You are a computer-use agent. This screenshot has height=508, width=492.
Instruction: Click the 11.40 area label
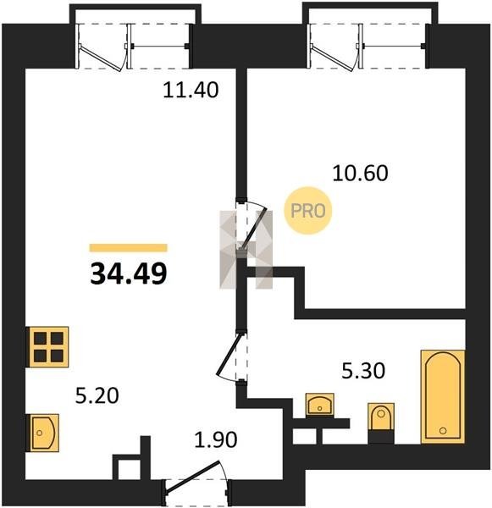tap(191, 90)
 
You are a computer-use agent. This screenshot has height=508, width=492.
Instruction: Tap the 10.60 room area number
tap(360, 173)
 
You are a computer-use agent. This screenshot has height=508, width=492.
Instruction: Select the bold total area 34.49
tap(129, 273)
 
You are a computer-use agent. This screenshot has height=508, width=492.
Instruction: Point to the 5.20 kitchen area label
tap(97, 395)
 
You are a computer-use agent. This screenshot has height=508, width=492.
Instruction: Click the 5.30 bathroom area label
tap(363, 371)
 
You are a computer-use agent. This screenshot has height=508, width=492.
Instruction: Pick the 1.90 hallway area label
tap(216, 439)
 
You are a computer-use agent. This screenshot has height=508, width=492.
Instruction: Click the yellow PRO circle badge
tap(308, 211)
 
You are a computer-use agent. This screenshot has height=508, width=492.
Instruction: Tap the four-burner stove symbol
tap(47, 347)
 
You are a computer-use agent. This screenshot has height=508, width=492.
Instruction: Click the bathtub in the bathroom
tap(443, 396)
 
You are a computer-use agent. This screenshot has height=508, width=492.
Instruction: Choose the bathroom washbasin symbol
tap(320, 405)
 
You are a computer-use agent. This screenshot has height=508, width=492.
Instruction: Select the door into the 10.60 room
tap(252, 226)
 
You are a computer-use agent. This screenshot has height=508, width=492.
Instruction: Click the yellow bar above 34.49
tap(129, 248)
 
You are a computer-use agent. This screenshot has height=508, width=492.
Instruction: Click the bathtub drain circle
tap(443, 431)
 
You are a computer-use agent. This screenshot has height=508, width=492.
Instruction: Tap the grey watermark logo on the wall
tap(246, 250)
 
